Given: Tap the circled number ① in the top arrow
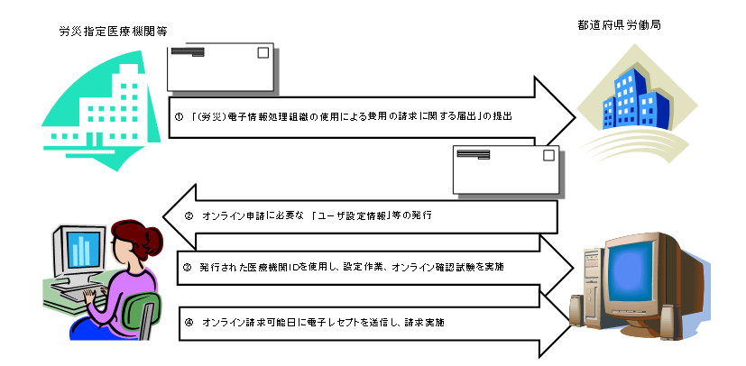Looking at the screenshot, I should point(180,117).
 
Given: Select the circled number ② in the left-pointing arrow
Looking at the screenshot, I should point(189,215).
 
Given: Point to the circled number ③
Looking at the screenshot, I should point(187,267).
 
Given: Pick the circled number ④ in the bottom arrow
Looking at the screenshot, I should point(189,321).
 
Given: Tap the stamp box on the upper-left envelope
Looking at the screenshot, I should point(262,53).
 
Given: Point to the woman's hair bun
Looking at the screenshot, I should point(154,241).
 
